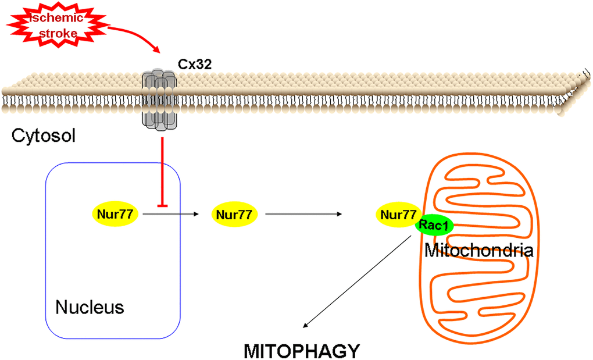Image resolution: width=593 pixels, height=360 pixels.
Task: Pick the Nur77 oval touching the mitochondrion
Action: (398, 214)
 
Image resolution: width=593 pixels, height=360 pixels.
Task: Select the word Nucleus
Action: (90, 306)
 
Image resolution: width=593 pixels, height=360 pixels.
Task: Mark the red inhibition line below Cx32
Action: (161, 169)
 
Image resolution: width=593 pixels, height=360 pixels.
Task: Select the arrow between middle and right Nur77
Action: (302, 215)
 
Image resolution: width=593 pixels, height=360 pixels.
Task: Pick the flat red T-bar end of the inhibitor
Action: (161, 205)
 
